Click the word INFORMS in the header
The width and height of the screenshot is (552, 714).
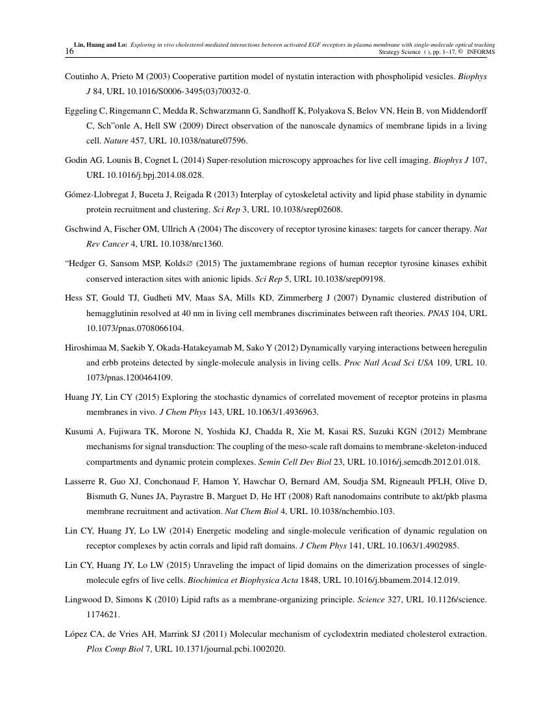click(x=481, y=52)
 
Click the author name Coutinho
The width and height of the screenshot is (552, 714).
click(x=82, y=77)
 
